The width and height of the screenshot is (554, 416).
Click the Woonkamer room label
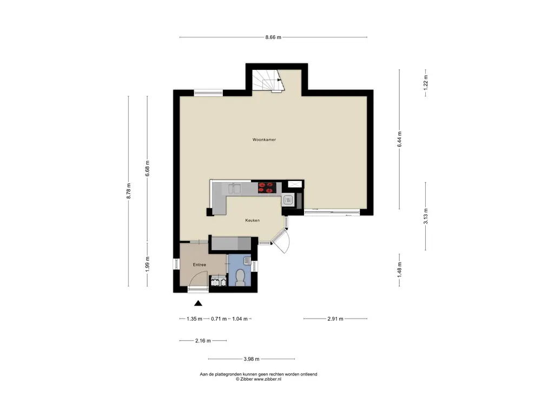pyautogui.click(x=264, y=140)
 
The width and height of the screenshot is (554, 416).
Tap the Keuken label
pyautogui.click(x=252, y=220)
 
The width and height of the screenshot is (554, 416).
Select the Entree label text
pyautogui.click(x=199, y=264)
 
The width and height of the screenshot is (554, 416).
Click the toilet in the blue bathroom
pyautogui.click(x=240, y=278)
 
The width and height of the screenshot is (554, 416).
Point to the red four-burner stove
pyautogui.click(x=266, y=187)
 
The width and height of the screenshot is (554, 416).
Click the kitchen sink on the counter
pyautogui.click(x=234, y=188)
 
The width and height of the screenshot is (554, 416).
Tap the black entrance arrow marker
pyautogui.click(x=198, y=303)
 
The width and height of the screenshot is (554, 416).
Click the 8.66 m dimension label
pyautogui.click(x=273, y=37)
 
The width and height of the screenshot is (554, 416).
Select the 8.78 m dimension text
pyautogui.click(x=129, y=191)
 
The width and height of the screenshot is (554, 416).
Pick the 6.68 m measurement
pyautogui.click(x=147, y=168)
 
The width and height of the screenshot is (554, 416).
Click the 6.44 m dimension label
pyautogui.click(x=400, y=139)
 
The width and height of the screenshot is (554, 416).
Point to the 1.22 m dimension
pyautogui.click(x=425, y=83)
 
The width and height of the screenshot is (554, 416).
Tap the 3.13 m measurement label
pyautogui.click(x=425, y=216)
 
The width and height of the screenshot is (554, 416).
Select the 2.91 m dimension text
pyautogui.click(x=335, y=318)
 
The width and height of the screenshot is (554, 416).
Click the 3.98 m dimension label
pyautogui.click(x=252, y=359)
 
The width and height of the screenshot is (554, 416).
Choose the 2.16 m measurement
pyautogui.click(x=203, y=341)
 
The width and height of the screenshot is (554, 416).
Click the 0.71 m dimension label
pyautogui.click(x=219, y=318)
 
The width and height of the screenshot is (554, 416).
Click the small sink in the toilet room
pyautogui.click(x=247, y=261)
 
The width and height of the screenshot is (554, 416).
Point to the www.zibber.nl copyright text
pyautogui.click(x=267, y=379)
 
